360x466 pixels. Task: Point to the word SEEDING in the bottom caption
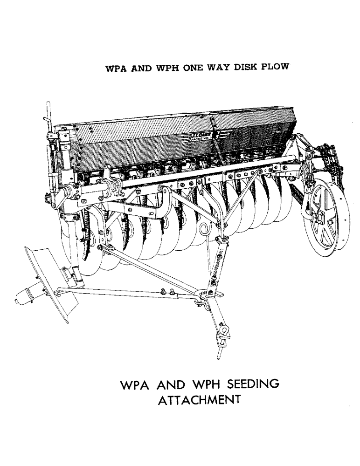(248, 385)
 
